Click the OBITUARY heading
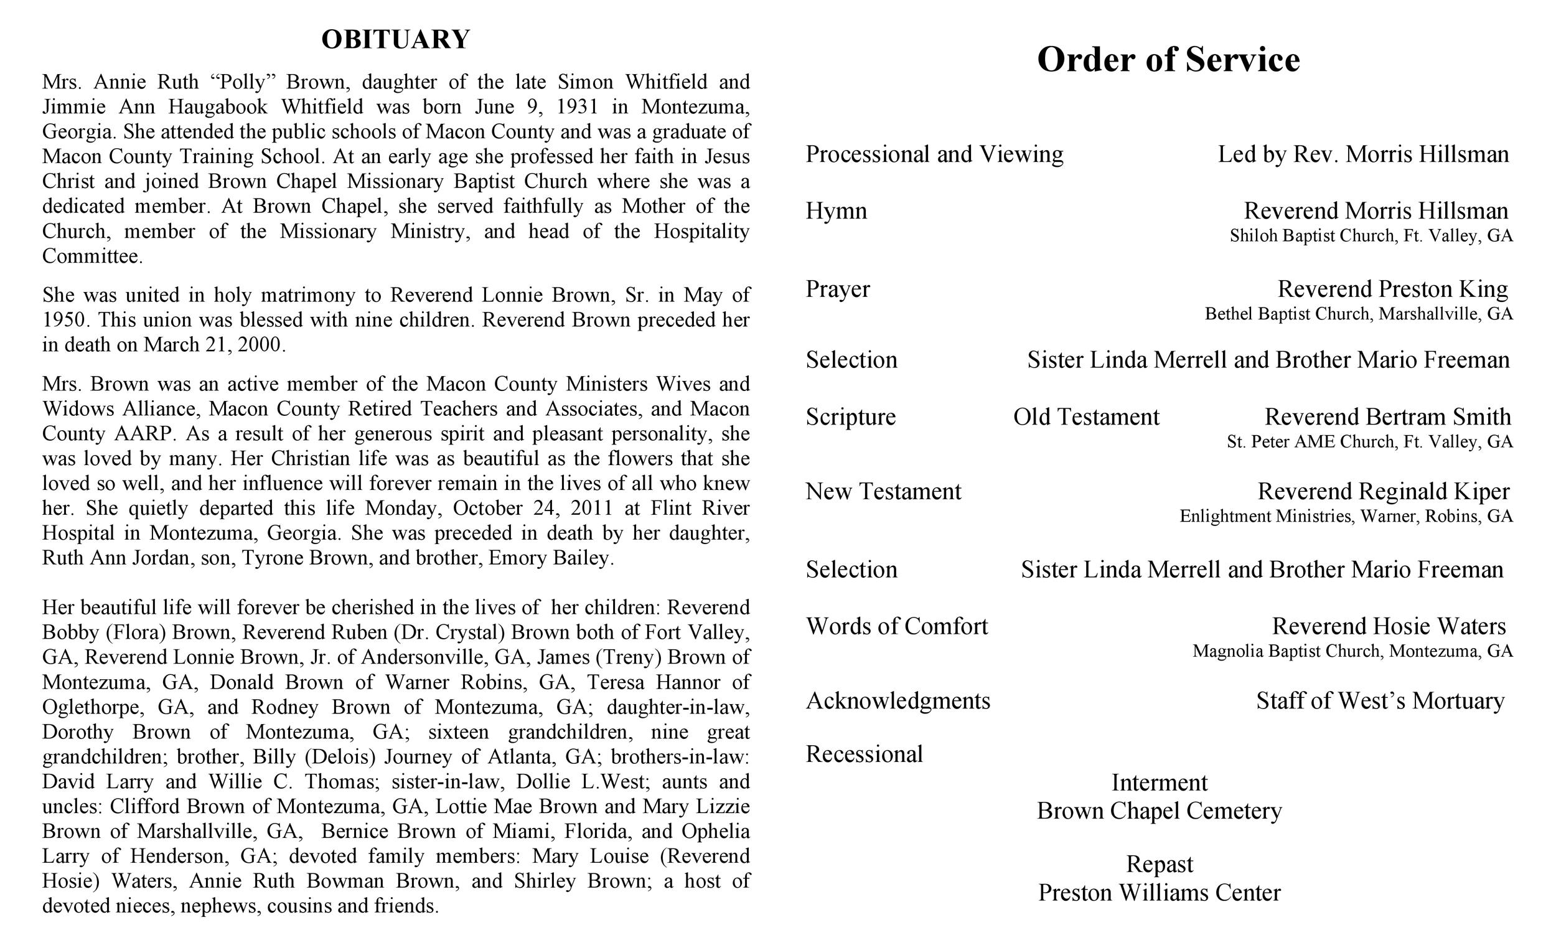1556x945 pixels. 395,39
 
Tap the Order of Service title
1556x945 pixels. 1168,59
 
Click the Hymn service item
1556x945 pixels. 836,211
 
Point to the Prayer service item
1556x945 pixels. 837,289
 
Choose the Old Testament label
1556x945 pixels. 1086,417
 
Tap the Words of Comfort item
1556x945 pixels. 897,627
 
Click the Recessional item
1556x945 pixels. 864,755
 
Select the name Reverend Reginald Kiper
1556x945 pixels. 1383,491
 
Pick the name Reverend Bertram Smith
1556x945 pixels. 1387,417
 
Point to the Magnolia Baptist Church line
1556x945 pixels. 1352,651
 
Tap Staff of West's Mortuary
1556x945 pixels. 1380,701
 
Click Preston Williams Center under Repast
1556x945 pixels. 1160,893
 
